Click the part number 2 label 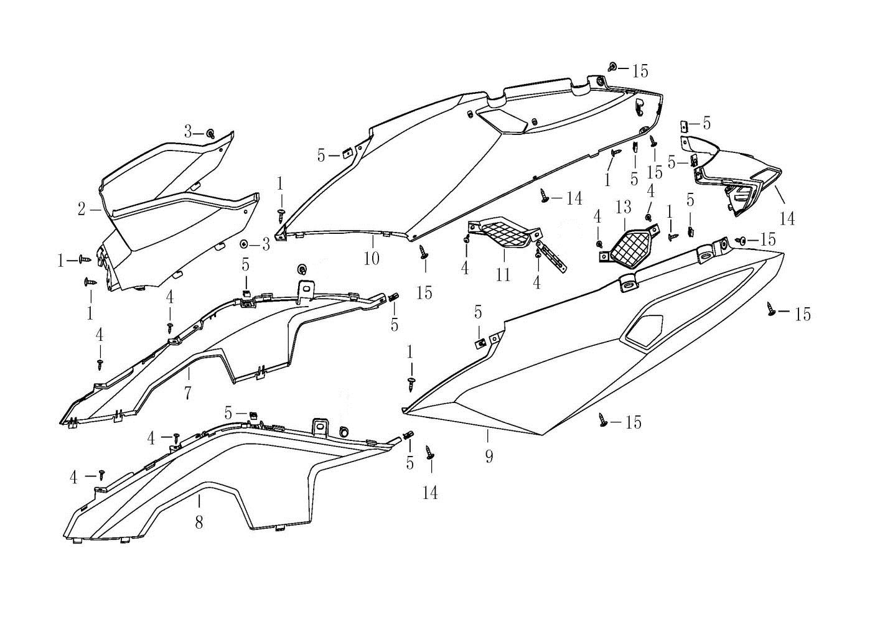[82, 209]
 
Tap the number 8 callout [199, 522]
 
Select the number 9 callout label [489, 457]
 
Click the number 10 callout [372, 258]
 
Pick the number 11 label [503, 275]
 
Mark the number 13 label [623, 207]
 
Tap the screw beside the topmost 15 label [612, 67]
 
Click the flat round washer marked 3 [244, 244]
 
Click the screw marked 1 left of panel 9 [411, 384]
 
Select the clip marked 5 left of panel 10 [347, 152]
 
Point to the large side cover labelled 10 [452, 165]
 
